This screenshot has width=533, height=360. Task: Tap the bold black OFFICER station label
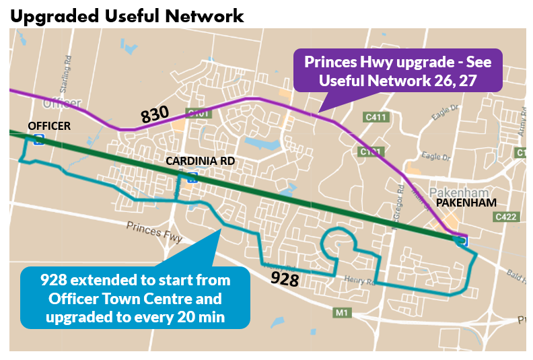point(49,126)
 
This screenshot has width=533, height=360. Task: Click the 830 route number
point(155,115)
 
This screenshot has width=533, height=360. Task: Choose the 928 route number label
point(285,278)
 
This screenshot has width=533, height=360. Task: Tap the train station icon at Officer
point(39,139)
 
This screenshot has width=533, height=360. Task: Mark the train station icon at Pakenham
point(462,240)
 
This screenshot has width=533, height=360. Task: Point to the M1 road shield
point(343,312)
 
